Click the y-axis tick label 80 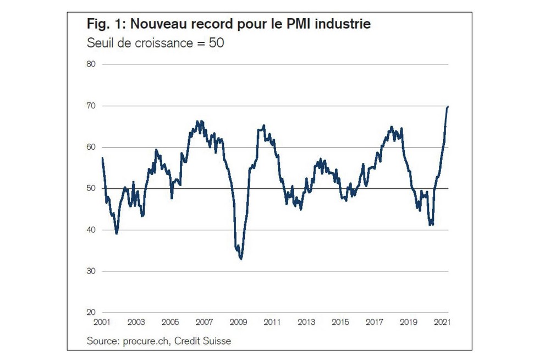pyautogui.click(x=91, y=64)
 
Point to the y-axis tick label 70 pyautogui.click(x=91, y=106)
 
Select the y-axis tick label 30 pyautogui.click(x=91, y=271)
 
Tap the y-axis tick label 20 pyautogui.click(x=91, y=313)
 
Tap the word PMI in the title pyautogui.click(x=297, y=24)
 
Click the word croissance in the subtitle pyautogui.click(x=156, y=42)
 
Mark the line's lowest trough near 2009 pyautogui.click(x=241, y=258)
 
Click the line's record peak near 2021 pyautogui.click(x=448, y=106)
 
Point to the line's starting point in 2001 pyautogui.click(x=102, y=159)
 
